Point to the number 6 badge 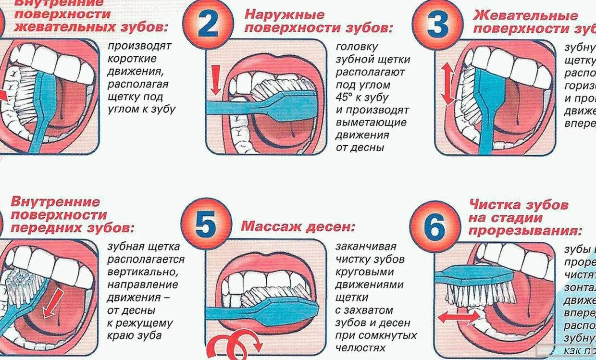pyautogui.click(x=435, y=227)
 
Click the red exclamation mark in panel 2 pyautogui.click(x=215, y=80)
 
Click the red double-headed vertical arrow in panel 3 pyautogui.click(x=447, y=84)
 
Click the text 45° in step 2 pyautogui.click(x=346, y=98)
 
